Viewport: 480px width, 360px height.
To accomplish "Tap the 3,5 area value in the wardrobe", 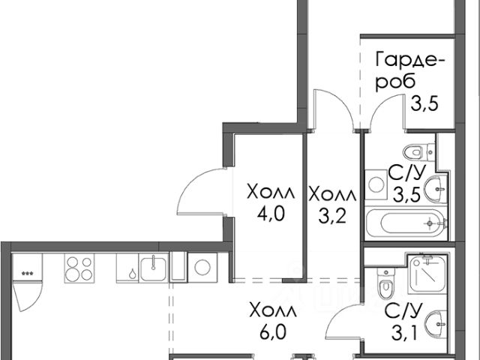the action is (x=424, y=104).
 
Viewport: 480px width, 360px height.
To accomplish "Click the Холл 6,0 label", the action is (x=273, y=319).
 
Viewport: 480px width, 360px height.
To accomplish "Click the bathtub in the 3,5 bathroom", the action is (x=406, y=223).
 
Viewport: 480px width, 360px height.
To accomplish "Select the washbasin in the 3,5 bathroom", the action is (x=434, y=190).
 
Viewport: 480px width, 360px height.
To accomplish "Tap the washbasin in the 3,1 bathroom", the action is (x=434, y=326).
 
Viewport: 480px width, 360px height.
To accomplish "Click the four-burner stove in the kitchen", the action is (x=79, y=268).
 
